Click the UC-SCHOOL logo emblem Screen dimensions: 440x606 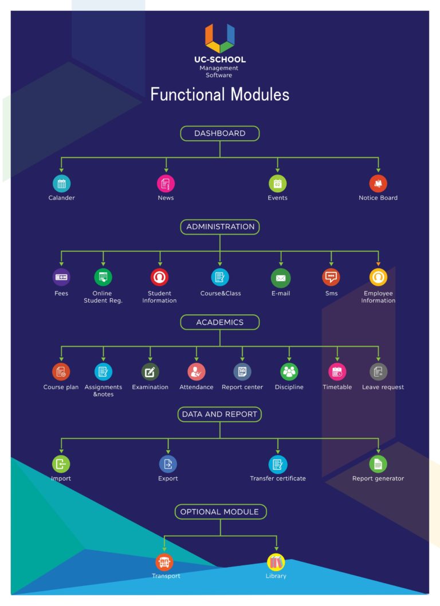[220, 38]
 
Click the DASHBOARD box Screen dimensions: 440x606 [220, 133]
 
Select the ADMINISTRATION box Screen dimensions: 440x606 [220, 227]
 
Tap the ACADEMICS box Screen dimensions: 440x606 [220, 322]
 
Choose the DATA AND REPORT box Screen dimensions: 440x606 [219, 414]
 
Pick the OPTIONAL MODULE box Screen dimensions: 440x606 [220, 512]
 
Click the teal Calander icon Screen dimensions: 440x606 [61, 184]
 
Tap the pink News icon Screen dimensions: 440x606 [166, 184]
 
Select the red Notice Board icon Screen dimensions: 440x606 [378, 184]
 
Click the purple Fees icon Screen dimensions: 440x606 [61, 277]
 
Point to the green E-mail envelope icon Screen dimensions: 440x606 [281, 278]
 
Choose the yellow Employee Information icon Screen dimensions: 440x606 [378, 277]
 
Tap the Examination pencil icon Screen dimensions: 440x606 [150, 372]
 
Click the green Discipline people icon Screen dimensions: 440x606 [289, 372]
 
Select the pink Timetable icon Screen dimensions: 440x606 [337, 372]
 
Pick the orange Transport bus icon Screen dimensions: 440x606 [164, 562]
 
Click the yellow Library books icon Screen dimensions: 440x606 [276, 562]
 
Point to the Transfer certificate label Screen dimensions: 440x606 [278, 478]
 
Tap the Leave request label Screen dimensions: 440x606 [383, 387]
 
